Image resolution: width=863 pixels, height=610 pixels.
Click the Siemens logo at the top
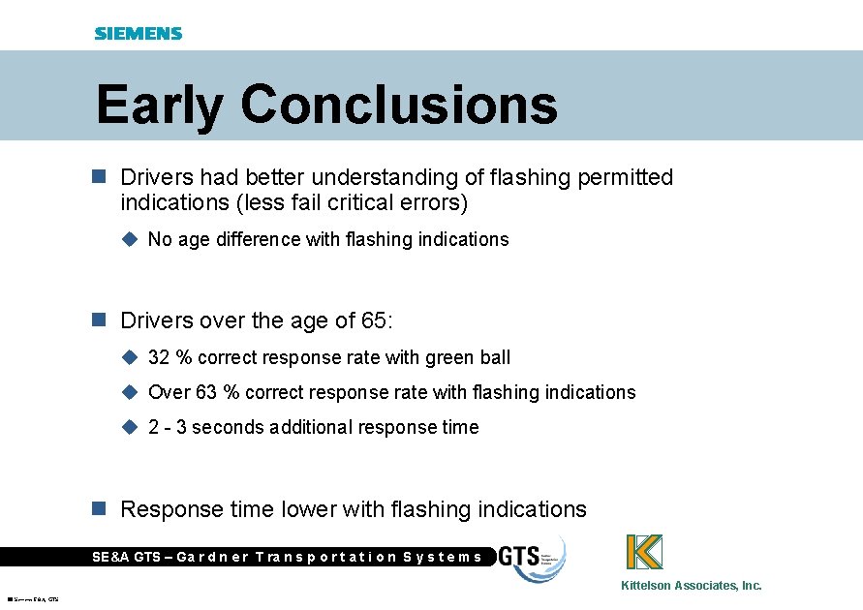point(138,33)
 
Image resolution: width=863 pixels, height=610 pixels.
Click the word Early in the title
point(159,105)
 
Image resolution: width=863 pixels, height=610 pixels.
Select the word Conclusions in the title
point(399,105)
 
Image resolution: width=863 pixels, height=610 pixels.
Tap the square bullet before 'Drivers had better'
point(97,178)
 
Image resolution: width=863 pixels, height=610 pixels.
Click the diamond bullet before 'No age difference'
point(131,239)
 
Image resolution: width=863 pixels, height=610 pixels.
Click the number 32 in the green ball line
point(159,357)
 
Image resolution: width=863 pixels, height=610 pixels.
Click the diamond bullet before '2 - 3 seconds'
point(131,427)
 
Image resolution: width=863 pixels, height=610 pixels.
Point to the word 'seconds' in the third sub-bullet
point(229,427)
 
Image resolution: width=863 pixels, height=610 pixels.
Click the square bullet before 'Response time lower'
point(97,509)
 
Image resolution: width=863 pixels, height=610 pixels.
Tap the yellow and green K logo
point(644,552)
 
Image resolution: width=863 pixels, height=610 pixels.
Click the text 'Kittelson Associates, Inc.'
point(692,586)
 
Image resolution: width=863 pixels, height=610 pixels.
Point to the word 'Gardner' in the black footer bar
point(211,557)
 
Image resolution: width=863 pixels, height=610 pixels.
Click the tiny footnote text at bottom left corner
point(33,600)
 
